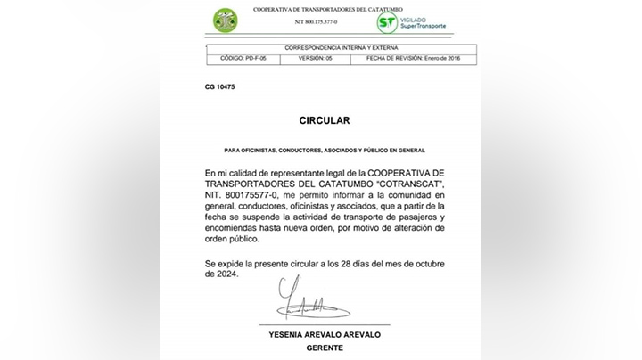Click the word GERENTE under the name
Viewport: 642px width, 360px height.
[325, 348]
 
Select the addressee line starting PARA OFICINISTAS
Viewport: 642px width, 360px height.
[325, 150]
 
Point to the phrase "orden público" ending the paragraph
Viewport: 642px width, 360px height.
[231, 239]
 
